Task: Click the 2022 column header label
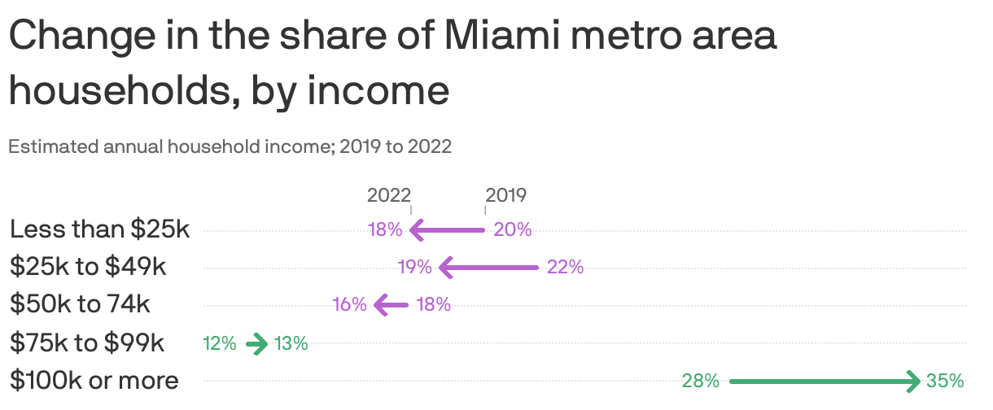pyautogui.click(x=388, y=195)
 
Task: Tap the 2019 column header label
pyautogui.click(x=506, y=195)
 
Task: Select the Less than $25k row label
pyautogui.click(x=99, y=230)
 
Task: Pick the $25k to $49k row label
pyautogui.click(x=88, y=267)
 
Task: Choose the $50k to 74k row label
pyautogui.click(x=80, y=304)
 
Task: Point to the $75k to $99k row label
pyautogui.click(x=87, y=343)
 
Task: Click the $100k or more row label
pyautogui.click(x=94, y=380)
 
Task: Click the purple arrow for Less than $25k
pyautogui.click(x=448, y=230)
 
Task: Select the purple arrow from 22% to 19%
pyautogui.click(x=488, y=267)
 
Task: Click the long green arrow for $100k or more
pyautogui.click(x=825, y=381)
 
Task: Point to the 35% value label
pyautogui.click(x=945, y=381)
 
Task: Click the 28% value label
pyautogui.click(x=701, y=381)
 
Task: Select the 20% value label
pyautogui.click(x=513, y=230)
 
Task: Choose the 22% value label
pyautogui.click(x=565, y=267)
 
